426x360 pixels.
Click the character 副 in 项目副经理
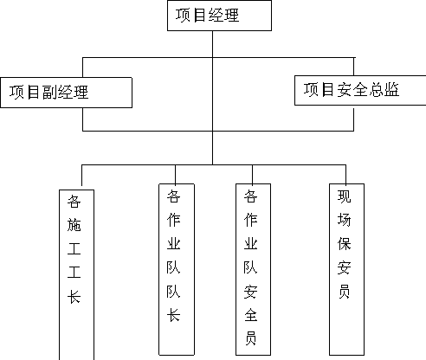[49, 93]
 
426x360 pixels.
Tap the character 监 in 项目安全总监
[391, 89]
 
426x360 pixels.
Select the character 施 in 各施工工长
[74, 225]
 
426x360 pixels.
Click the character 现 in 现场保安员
[344, 196]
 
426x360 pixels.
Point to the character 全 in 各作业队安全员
[250, 315]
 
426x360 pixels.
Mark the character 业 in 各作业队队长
[173, 244]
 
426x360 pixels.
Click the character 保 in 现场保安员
[344, 244]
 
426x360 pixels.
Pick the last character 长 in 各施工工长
[74, 297]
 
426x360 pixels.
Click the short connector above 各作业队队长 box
[175, 174]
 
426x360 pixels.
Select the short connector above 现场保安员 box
[345, 174]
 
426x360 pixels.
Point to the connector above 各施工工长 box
[82, 176]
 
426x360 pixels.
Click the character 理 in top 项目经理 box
[231, 15]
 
